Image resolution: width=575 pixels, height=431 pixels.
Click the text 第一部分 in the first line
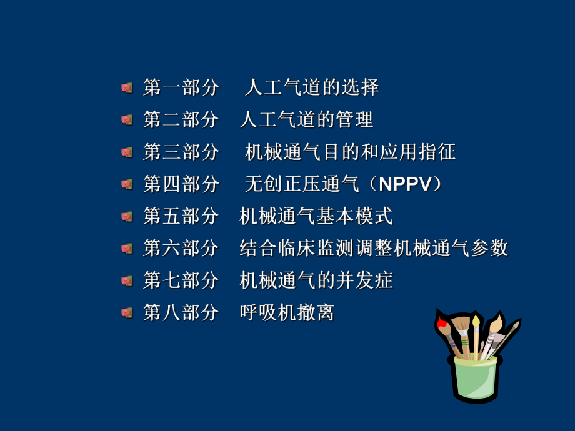pyautogui.click(x=181, y=87)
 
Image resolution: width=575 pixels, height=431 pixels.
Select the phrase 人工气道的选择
pyautogui.click(x=312, y=87)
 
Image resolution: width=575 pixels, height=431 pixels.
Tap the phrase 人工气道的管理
pyautogui.click(x=306, y=119)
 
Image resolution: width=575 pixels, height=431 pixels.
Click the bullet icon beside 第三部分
pyautogui.click(x=127, y=152)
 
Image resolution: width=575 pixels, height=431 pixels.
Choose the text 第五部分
pyautogui.click(x=181, y=216)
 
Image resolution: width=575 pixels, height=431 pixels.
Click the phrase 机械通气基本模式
pyautogui.click(x=316, y=216)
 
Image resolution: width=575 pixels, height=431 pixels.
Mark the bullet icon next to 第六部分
pyautogui.click(x=127, y=249)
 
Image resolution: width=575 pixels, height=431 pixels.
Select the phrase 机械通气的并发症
pyautogui.click(x=316, y=280)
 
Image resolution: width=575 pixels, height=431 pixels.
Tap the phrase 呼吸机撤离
pyautogui.click(x=287, y=312)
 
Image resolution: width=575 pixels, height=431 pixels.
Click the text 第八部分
pyautogui.click(x=181, y=312)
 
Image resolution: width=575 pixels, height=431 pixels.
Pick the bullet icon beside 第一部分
pyautogui.click(x=127, y=87)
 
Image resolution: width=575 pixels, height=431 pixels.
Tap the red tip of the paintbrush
pyautogui.click(x=442, y=323)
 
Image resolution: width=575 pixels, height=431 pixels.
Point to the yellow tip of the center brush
pyautogui.click(x=476, y=321)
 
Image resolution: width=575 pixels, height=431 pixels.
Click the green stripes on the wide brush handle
pyautogui.click(x=465, y=343)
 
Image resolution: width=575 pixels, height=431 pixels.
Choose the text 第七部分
pyautogui.click(x=181, y=280)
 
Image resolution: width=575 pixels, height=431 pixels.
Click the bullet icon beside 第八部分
pyautogui.click(x=127, y=312)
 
